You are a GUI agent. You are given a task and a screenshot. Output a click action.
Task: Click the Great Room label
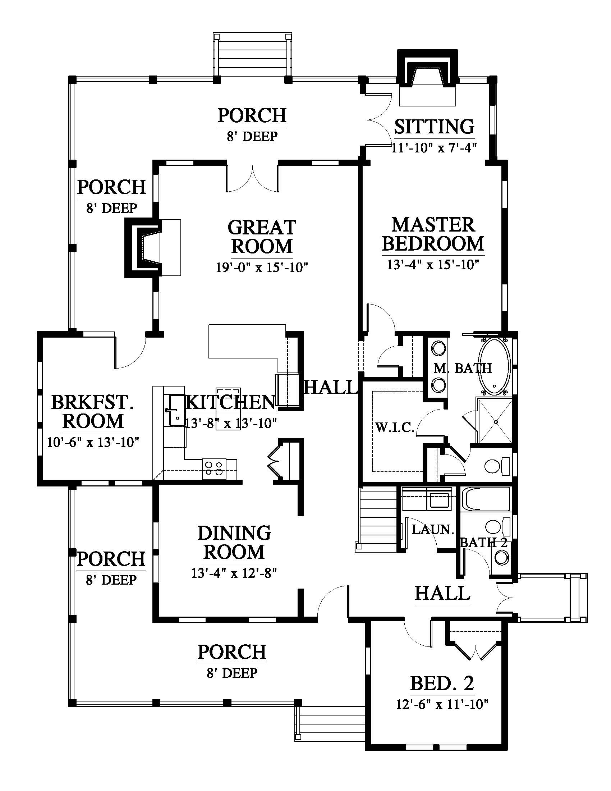262,237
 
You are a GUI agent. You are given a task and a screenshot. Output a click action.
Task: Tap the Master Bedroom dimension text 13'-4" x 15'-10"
433,265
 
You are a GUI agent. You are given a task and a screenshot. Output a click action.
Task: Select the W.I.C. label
395,428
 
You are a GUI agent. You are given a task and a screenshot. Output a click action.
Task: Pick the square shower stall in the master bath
494,421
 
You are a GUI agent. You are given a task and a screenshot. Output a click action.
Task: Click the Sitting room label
434,127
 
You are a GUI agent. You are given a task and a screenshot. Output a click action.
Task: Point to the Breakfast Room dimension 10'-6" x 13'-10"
93,442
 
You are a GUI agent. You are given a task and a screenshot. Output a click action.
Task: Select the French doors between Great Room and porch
252,178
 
